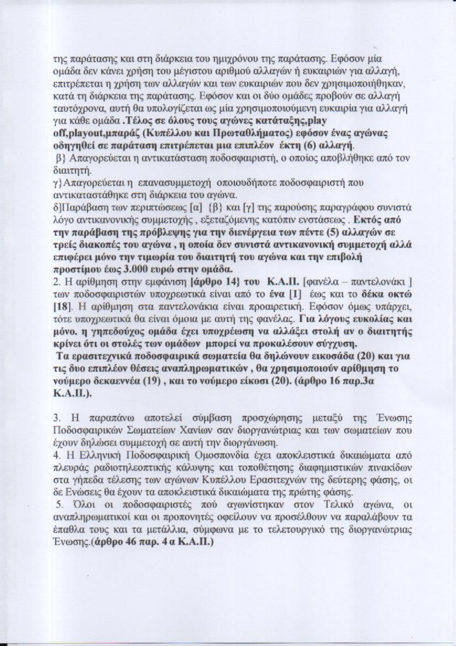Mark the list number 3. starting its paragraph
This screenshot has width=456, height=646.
[x=57, y=418]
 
